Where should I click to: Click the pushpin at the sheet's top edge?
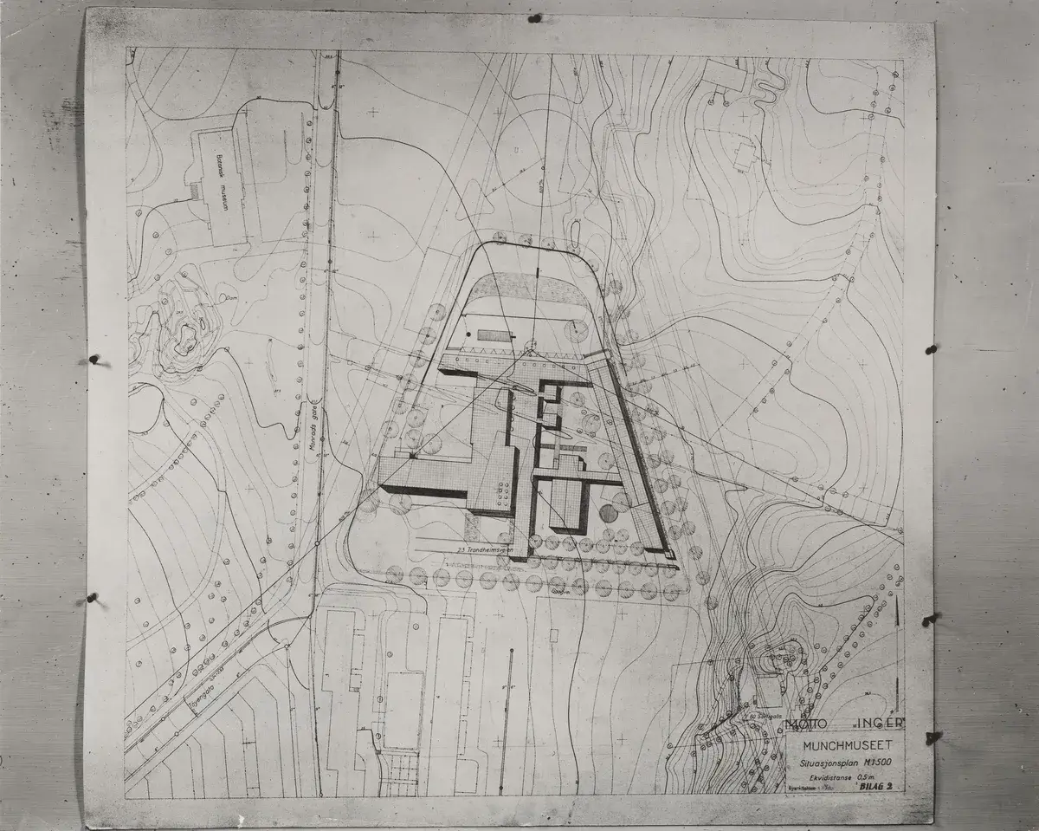point(534,17)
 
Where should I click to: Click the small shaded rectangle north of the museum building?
point(494,335)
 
